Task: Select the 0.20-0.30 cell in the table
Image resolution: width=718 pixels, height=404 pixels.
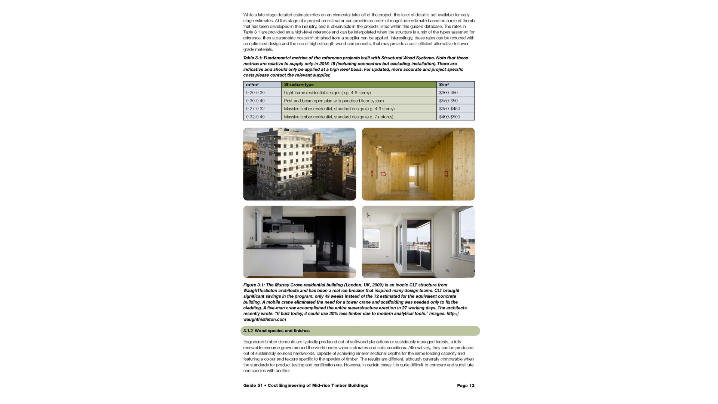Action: coord(255,93)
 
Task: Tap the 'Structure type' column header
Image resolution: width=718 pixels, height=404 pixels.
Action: coord(299,85)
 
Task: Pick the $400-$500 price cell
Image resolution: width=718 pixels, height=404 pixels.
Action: coord(449,117)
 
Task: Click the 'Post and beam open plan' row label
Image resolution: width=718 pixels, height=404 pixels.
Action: coord(334,101)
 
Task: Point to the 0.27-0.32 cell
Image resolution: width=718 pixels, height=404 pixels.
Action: coord(255,109)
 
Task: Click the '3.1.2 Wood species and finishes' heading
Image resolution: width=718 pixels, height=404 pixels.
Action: coord(276,331)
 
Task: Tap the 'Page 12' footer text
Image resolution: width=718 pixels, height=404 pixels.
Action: coord(466,385)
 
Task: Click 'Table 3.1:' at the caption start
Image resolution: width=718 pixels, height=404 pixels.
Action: coord(253,58)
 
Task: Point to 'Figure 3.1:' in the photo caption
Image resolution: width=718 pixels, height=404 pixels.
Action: coord(254,285)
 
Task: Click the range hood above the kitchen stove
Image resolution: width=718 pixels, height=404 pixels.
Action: coord(277,216)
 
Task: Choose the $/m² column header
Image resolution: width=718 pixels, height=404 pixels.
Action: coord(444,85)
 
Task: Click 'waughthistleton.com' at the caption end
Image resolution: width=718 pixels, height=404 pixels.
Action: coord(264,319)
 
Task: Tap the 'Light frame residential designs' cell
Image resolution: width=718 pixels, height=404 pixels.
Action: coord(327,93)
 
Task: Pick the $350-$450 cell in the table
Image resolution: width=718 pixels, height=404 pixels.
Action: coord(449,109)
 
